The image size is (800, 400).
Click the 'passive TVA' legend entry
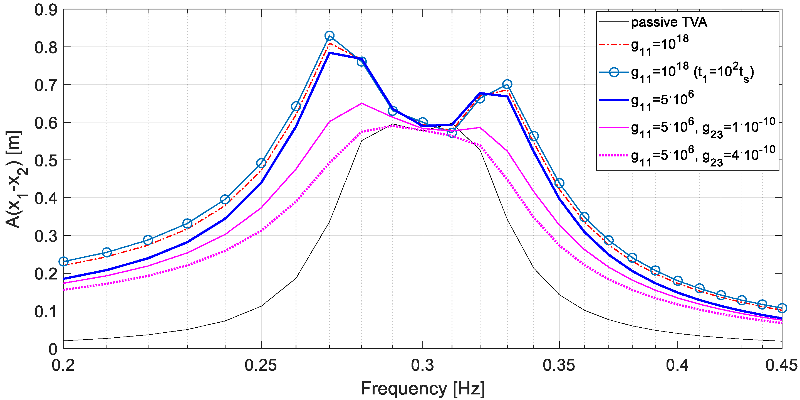pos(669,22)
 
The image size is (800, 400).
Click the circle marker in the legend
pos(614,72)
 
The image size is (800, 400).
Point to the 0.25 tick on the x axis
pos(261,365)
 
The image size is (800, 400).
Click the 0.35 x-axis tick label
pos(559,365)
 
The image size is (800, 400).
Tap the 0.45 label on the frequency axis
pos(781,365)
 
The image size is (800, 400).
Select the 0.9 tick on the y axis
pos(46,10)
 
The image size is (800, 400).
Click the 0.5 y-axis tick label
pos(46,160)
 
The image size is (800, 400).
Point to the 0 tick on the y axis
pos(53,349)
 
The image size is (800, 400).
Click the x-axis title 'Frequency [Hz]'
pos(422,388)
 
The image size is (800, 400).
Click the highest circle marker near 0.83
pos(330,36)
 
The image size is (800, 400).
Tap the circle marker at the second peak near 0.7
pos(507,84)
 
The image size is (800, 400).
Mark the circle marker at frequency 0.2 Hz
pos(64,261)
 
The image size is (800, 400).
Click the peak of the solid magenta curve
pos(361,103)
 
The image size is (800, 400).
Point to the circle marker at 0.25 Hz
pos(261,163)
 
